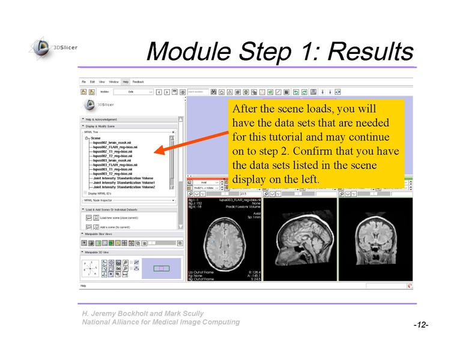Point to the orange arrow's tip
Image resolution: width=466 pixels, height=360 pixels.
[x=154, y=153]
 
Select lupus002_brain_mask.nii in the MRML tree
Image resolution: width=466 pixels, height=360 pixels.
[x=111, y=142]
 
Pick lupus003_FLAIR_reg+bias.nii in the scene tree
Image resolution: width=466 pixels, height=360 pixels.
[x=115, y=164]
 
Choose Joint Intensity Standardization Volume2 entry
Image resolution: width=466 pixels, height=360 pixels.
[x=124, y=187]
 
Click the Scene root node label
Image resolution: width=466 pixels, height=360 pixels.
[x=96, y=137]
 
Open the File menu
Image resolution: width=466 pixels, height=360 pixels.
[x=84, y=82]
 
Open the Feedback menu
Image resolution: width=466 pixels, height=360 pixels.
[x=138, y=82]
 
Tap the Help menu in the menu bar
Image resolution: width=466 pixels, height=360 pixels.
[x=125, y=82]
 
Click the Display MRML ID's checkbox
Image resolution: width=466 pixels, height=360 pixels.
[x=85, y=193]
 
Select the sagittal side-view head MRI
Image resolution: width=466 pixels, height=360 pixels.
[x=300, y=240]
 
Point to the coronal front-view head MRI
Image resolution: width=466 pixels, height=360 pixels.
[x=375, y=240]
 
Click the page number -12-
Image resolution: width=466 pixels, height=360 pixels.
[x=420, y=325]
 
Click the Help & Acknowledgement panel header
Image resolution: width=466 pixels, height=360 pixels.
[x=103, y=119]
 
